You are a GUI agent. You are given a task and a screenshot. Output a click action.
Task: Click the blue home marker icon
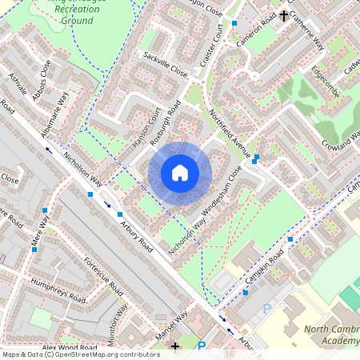[x=180, y=172]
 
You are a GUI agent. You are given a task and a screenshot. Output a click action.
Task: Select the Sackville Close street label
[x=164, y=65]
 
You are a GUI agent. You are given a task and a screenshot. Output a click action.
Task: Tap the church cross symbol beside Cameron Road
[x=284, y=14]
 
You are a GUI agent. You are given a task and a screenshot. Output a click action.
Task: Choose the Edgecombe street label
[x=326, y=82]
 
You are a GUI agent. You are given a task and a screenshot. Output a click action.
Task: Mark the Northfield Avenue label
[x=230, y=133]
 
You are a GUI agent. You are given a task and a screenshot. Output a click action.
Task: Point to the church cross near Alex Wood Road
[x=176, y=346]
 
